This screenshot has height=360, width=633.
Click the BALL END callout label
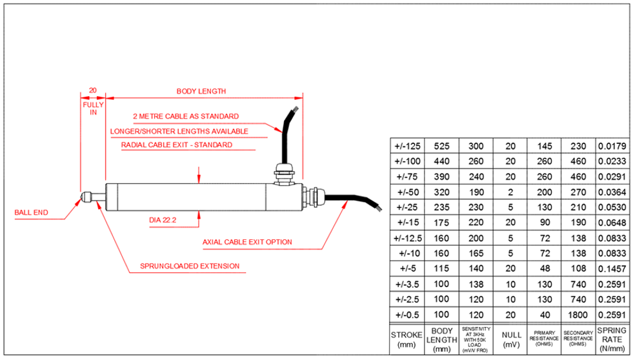tap(32, 211)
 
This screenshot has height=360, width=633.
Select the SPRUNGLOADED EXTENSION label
tap(181, 266)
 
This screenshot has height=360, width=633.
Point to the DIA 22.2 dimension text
tap(163, 219)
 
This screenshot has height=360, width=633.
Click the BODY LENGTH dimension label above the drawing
tap(201, 91)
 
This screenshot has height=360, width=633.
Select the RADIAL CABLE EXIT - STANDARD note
tap(176, 145)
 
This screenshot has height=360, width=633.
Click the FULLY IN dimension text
tap(93, 107)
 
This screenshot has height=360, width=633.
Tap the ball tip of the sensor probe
tap(86, 196)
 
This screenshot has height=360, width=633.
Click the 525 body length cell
tap(441, 146)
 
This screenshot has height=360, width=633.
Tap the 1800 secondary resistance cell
tap(578, 314)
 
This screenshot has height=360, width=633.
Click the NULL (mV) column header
tap(510, 340)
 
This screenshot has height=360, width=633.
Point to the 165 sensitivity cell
tap(476, 253)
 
